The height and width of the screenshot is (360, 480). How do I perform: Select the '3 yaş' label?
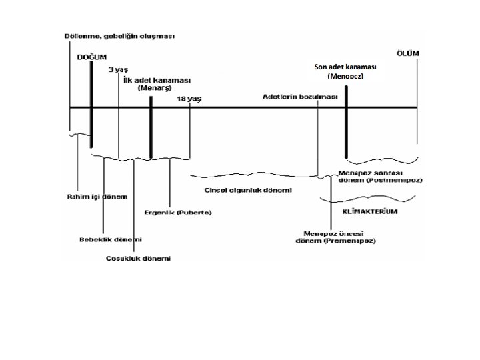[x=119, y=69]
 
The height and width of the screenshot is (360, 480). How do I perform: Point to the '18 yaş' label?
[x=189, y=99]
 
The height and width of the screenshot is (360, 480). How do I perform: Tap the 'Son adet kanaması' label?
[x=345, y=67]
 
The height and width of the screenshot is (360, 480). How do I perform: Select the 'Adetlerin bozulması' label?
[x=301, y=97]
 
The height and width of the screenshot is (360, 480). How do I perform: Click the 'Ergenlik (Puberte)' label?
[x=178, y=213]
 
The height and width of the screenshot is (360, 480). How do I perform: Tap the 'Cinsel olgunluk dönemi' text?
[x=247, y=190]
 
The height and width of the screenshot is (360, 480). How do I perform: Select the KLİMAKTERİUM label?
[x=370, y=211]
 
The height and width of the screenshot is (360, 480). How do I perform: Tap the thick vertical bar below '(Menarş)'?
[x=151, y=127]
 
